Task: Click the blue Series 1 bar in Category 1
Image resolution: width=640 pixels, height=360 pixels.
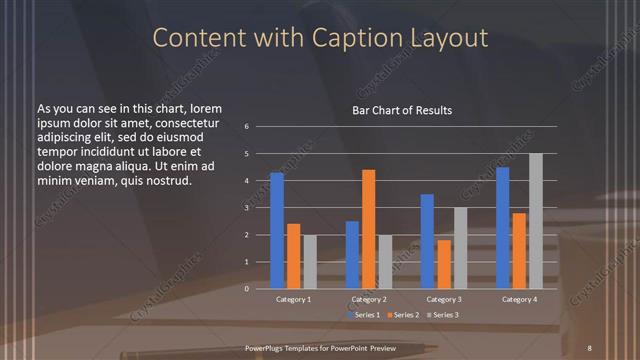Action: [x=277, y=231]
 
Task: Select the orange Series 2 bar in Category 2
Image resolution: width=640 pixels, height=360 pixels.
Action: [x=369, y=229]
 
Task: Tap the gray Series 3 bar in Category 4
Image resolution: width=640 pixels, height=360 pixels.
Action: [x=536, y=221]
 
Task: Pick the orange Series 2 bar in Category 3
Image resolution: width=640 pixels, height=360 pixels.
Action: [x=444, y=264]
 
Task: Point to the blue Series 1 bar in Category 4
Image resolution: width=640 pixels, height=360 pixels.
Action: [x=503, y=228]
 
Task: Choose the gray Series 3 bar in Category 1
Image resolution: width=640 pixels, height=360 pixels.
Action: [x=310, y=262]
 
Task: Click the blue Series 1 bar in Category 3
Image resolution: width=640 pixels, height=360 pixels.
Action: [x=427, y=241]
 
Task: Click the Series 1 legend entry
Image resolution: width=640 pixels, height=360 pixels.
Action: [x=364, y=315]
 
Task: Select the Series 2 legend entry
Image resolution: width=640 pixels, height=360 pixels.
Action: [x=404, y=315]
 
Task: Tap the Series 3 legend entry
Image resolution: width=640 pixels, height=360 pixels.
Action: [x=444, y=315]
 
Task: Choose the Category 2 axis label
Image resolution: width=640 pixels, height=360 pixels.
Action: [x=369, y=299]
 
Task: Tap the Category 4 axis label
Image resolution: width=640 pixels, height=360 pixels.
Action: [x=519, y=299]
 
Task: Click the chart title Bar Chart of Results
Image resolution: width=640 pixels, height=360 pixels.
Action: [x=402, y=110]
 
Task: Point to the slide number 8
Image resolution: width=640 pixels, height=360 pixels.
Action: [x=589, y=347]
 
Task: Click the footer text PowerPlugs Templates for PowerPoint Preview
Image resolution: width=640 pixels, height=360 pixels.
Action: [x=320, y=347]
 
